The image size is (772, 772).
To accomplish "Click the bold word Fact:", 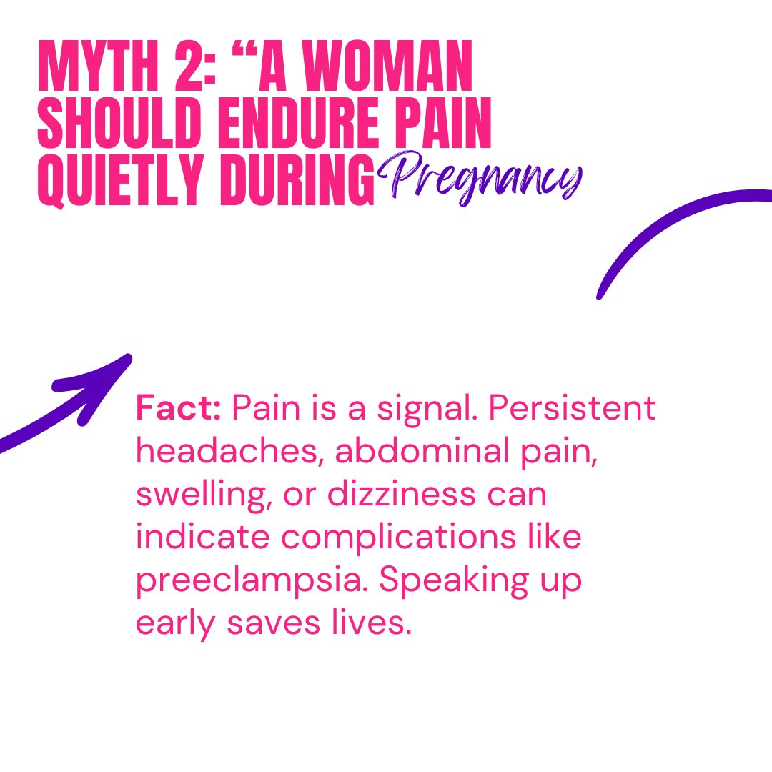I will point(179,410).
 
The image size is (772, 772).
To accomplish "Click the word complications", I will point(375,538).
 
